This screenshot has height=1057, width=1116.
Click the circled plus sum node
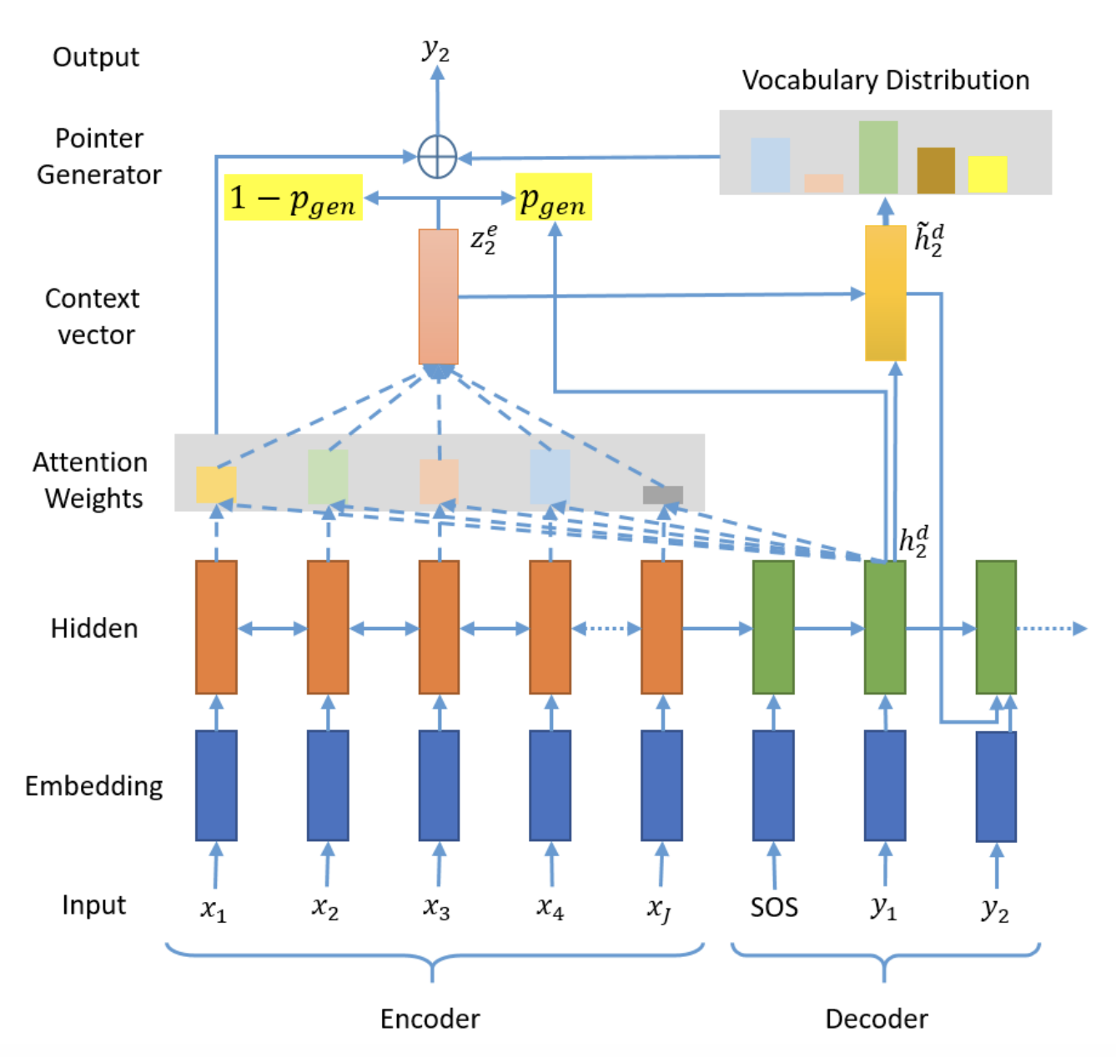point(436,157)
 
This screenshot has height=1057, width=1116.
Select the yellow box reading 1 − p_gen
point(293,197)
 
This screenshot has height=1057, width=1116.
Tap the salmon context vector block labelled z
point(438,296)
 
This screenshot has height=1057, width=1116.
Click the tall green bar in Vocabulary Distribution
point(877,157)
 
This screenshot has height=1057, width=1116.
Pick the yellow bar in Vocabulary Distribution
point(987,173)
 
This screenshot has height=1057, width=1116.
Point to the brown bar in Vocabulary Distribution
point(936,170)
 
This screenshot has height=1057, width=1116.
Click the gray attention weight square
point(662,494)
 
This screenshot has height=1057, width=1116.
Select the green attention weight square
point(328,476)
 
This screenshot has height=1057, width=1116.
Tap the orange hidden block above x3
point(438,626)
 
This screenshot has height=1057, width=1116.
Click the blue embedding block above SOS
point(772,784)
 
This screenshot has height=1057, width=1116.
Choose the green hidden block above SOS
point(772,626)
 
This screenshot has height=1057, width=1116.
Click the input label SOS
point(773,907)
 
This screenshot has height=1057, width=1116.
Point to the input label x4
point(550,908)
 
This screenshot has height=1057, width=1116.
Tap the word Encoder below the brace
point(430,1019)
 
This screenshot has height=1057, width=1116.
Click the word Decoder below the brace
point(876,1019)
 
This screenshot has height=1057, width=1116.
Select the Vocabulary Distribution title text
point(885,79)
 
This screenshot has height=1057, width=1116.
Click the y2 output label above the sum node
point(435,51)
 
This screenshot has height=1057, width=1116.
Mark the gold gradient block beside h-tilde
point(885,293)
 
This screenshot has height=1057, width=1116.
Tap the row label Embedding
point(93,786)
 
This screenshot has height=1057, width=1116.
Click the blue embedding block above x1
point(216,784)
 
